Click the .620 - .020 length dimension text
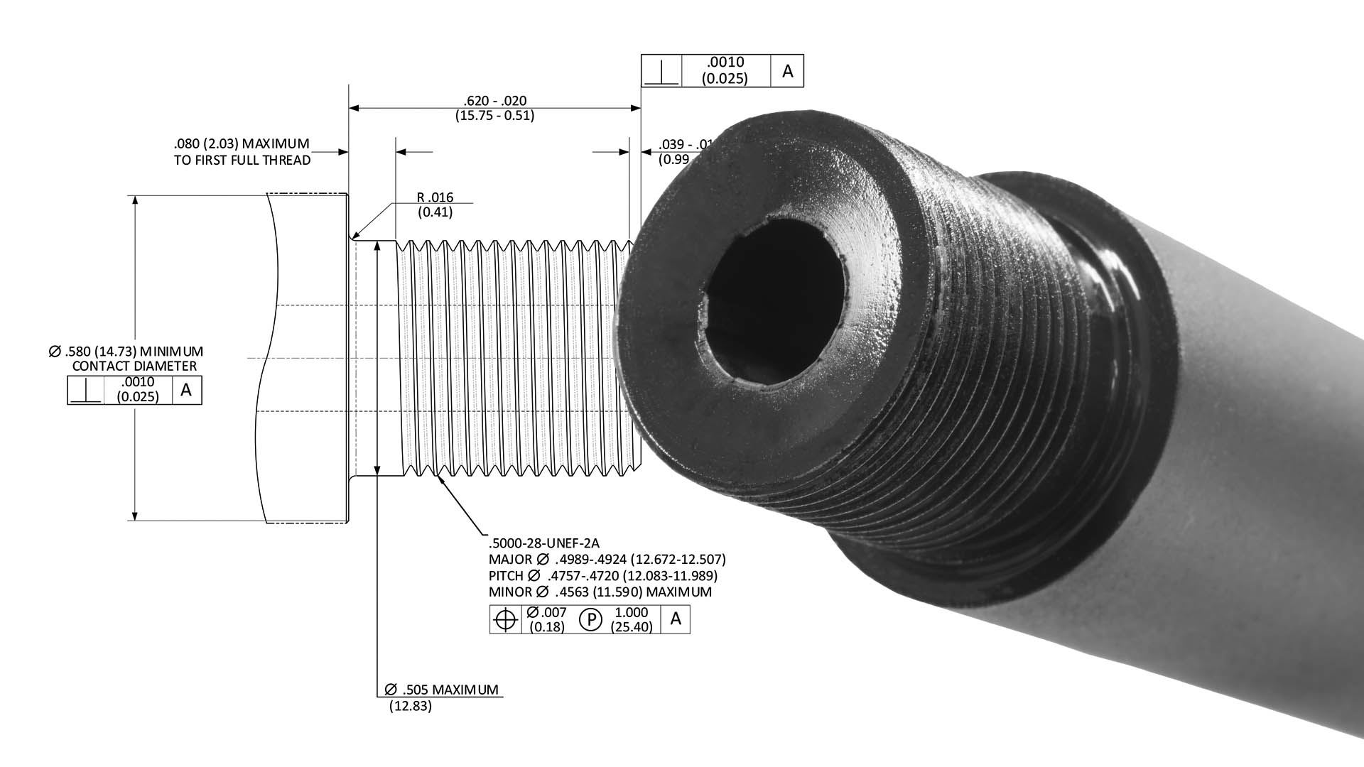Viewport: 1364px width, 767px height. (494, 101)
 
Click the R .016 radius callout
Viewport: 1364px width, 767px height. (435, 197)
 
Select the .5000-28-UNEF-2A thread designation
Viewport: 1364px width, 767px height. (544, 544)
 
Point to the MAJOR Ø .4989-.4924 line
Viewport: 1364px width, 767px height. (607, 560)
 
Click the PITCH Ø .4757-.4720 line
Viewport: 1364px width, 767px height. (602, 576)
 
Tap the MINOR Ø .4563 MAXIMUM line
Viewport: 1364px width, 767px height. (600, 592)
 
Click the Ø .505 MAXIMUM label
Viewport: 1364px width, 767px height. (441, 690)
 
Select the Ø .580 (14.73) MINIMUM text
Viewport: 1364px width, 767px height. (126, 351)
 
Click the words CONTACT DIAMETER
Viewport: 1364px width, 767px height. (134, 366)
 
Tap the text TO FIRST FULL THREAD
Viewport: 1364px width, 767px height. (242, 161)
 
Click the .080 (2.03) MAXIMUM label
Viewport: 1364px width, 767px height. (242, 144)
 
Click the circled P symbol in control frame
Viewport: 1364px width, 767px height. (590, 620)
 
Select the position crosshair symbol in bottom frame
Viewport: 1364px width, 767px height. (505, 620)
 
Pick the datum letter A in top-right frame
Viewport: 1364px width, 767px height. (787, 71)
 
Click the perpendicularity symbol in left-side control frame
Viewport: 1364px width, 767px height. (85, 391)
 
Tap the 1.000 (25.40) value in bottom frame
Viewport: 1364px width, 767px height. (632, 620)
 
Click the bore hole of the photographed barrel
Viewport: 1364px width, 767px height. (774, 298)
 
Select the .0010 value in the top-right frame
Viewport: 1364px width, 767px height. (725, 63)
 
